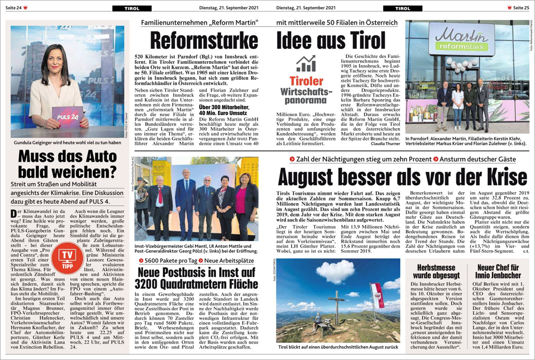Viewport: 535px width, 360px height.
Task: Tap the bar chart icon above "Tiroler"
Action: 306,63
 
